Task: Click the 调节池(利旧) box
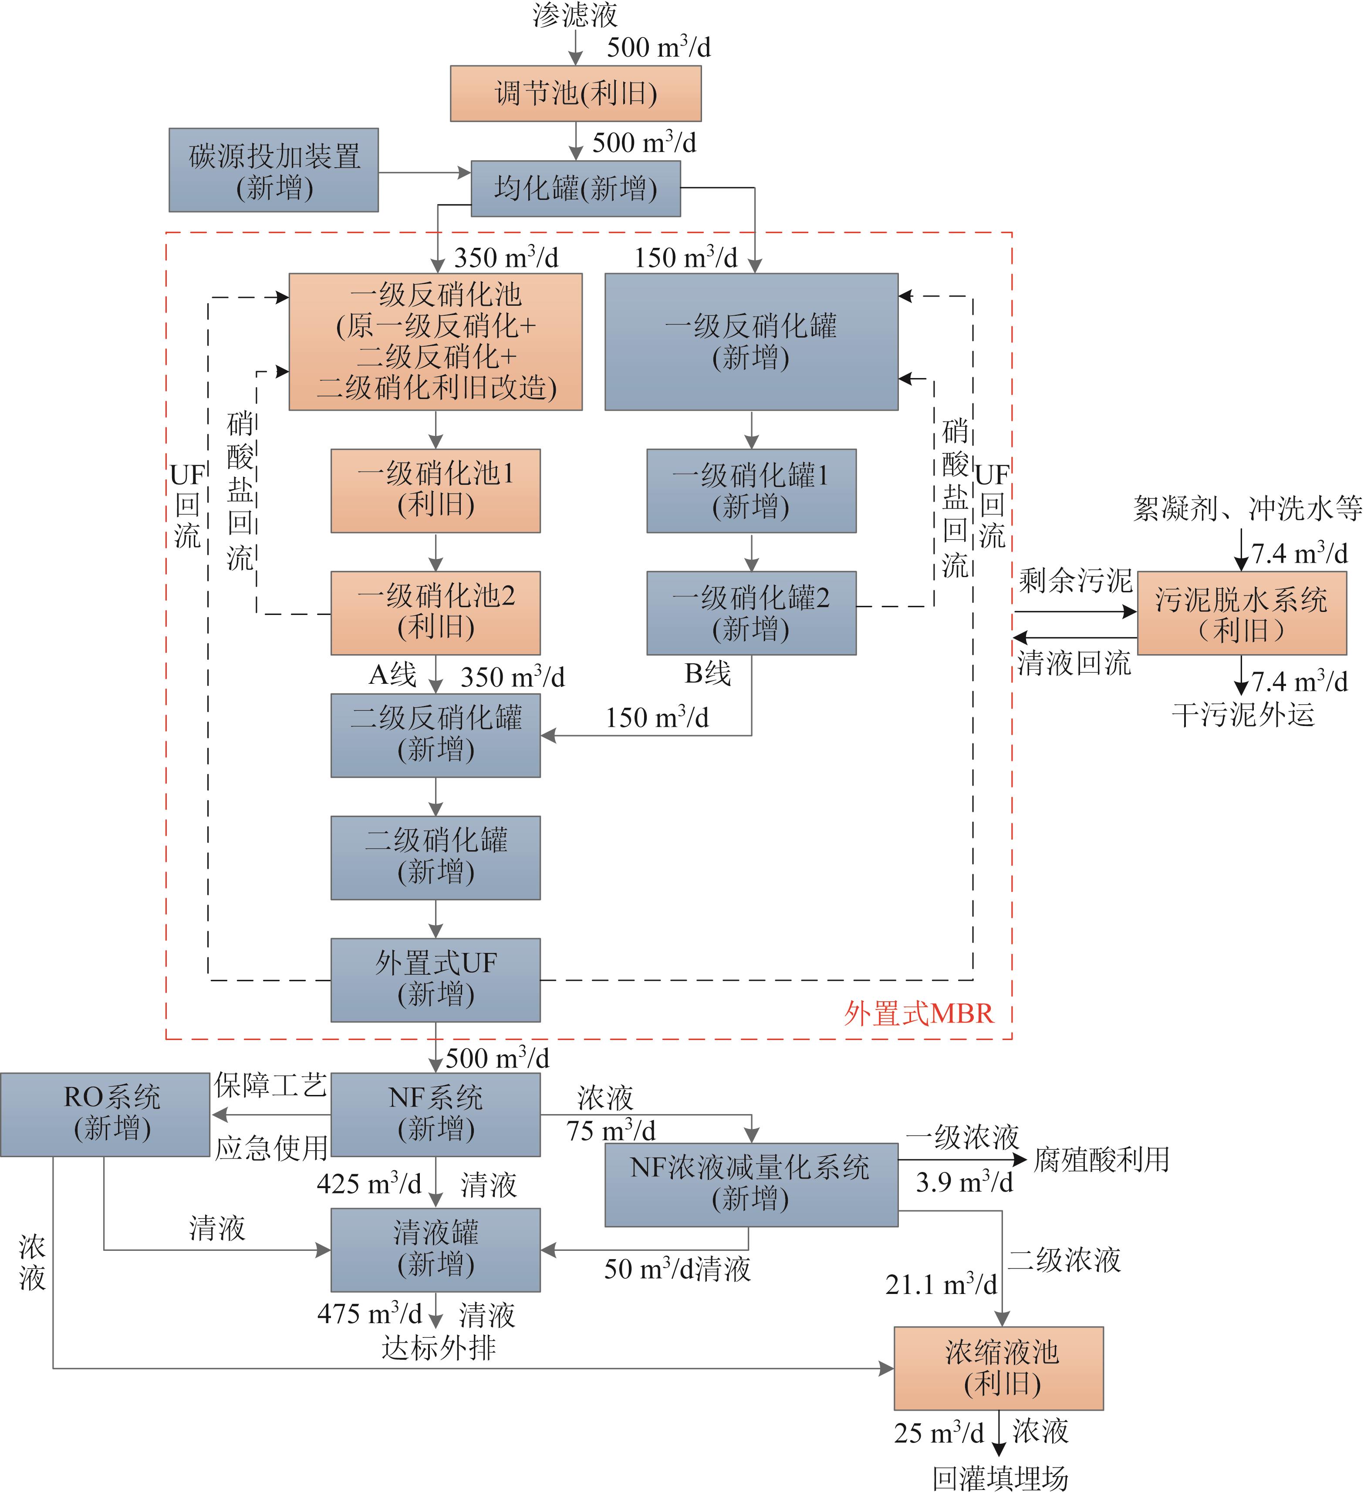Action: tap(575, 93)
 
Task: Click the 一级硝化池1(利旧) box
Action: tap(436, 490)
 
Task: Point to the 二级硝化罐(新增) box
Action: tap(436, 858)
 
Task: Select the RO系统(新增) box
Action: tap(105, 1114)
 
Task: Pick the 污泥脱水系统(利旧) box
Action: tap(1241, 613)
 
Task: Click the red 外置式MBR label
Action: tap(918, 1013)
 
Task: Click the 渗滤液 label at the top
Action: tap(575, 15)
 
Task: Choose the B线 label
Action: tap(707, 673)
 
